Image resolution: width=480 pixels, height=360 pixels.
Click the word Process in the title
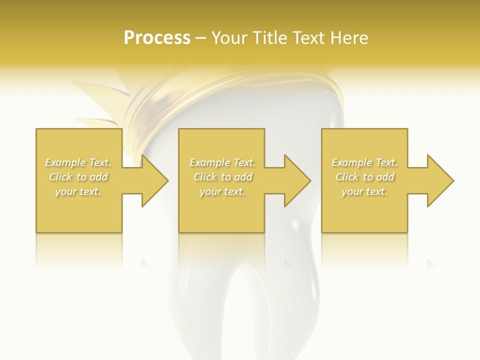[157, 38]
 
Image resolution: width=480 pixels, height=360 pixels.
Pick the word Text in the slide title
[308, 38]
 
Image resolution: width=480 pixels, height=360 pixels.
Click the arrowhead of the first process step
[154, 180]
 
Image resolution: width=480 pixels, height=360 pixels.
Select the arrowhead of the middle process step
[297, 180]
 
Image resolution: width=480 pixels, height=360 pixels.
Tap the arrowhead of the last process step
[440, 180]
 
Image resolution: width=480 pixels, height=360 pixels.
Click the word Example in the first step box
[65, 162]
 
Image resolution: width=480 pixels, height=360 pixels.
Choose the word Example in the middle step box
[209, 162]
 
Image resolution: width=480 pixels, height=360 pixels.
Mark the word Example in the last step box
[351, 162]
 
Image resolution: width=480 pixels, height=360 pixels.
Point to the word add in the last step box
[385, 177]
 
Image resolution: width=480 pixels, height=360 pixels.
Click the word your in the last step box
[351, 191]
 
